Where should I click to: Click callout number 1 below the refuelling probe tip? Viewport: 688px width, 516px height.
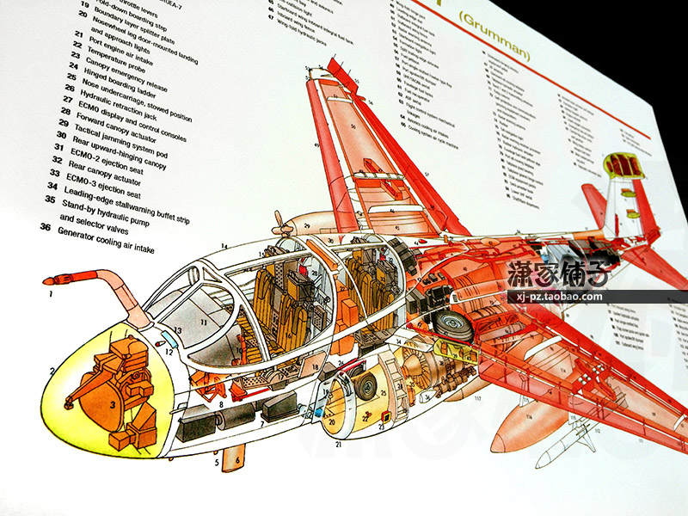click(x=51, y=294)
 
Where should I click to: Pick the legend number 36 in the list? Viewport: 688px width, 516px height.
click(x=45, y=227)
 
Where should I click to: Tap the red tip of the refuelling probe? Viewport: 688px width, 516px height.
click(x=53, y=280)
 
